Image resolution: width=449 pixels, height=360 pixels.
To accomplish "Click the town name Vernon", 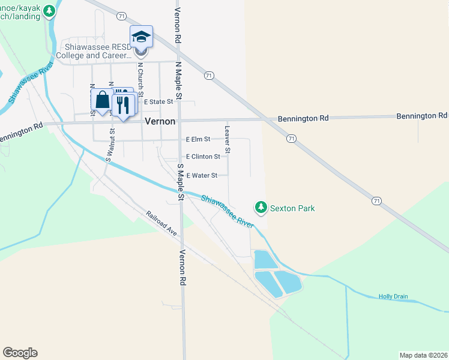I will pyautogui.click(x=160, y=121).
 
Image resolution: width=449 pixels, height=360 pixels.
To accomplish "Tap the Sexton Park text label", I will pyautogui.click(x=292, y=208).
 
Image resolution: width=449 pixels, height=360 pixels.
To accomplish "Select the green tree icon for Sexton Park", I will pyautogui.click(x=261, y=208).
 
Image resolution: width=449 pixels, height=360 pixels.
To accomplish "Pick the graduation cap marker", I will pyautogui.click(x=141, y=37).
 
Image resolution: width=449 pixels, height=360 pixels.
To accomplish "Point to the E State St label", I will pyautogui.click(x=158, y=102).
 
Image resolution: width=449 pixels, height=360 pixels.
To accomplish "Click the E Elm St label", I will pyautogui.click(x=198, y=139).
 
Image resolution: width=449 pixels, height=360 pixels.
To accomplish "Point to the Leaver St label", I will pyautogui.click(x=228, y=139).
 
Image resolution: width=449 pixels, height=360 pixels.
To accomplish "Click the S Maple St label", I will pyautogui.click(x=179, y=181).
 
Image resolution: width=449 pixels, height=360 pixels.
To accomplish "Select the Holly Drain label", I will pyautogui.click(x=393, y=296).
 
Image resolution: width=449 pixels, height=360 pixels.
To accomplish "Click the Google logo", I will pyautogui.click(x=20, y=353).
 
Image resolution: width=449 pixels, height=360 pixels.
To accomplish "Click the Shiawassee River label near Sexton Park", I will pyautogui.click(x=228, y=211).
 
